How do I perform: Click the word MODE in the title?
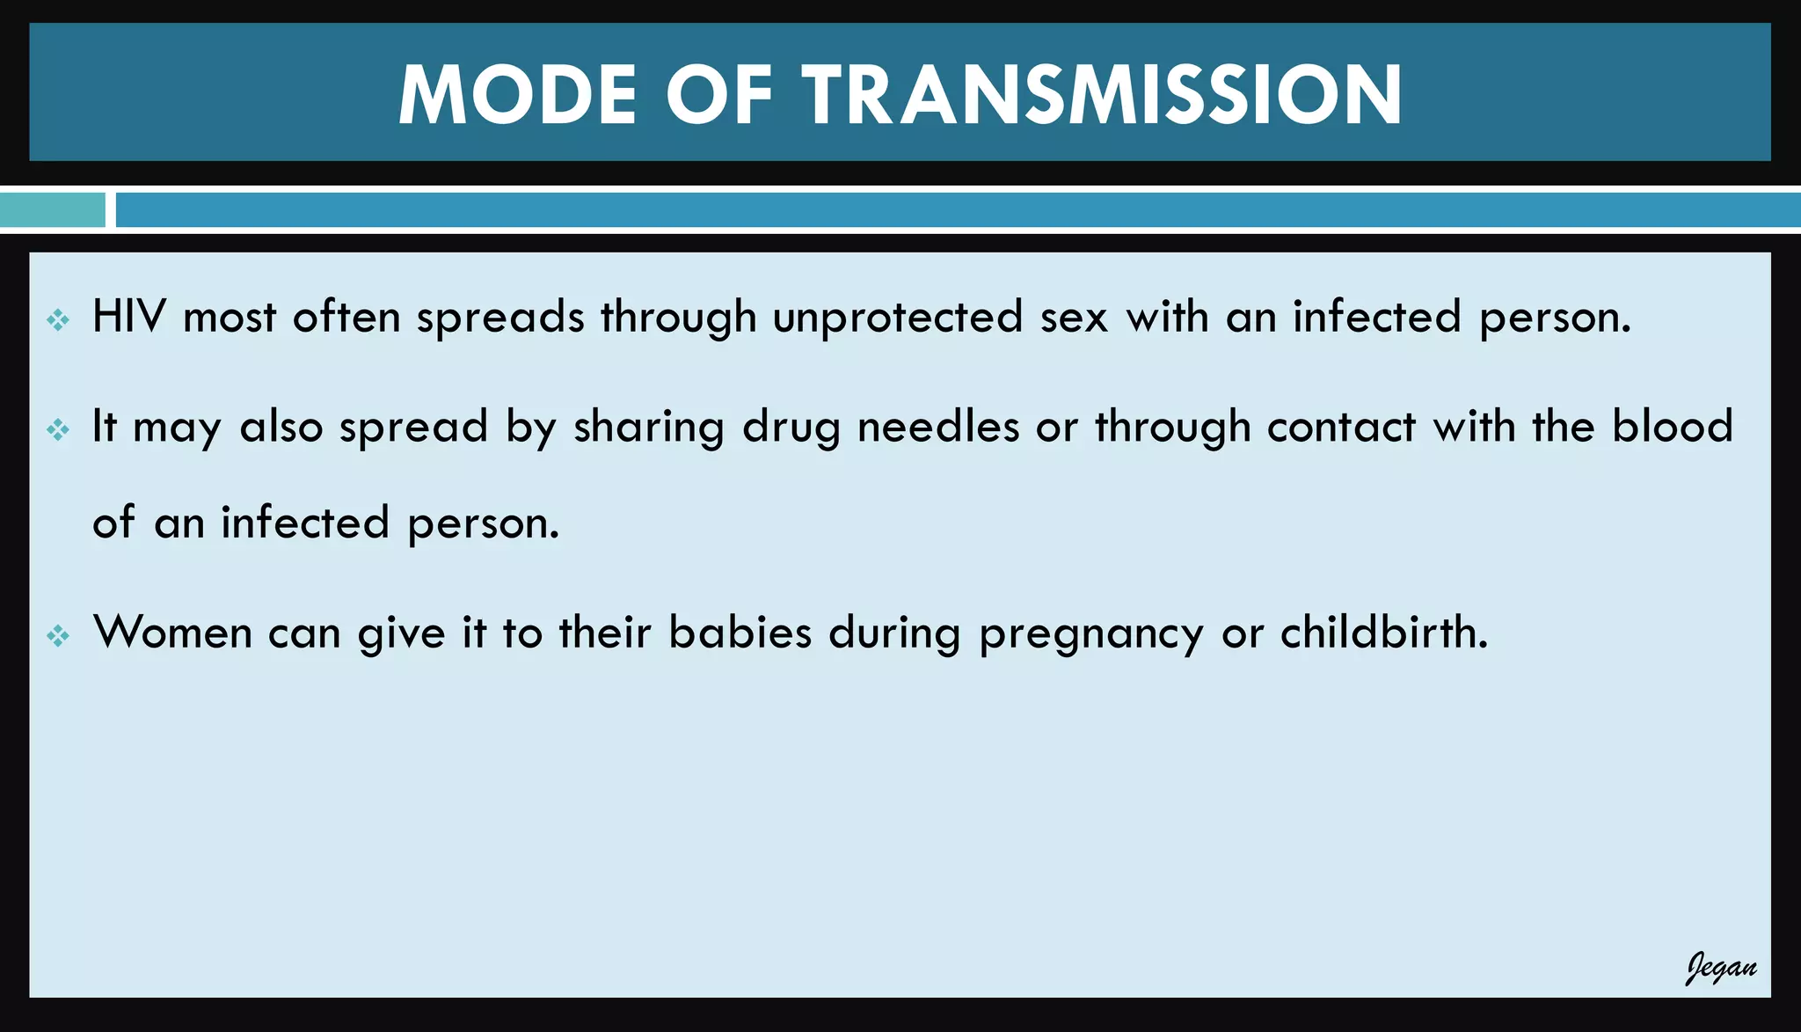pos(517,95)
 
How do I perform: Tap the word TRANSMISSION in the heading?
pos(1102,95)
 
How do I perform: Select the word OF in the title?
pos(718,95)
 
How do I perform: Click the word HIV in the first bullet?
pos(128,317)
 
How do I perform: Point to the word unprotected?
pos(898,317)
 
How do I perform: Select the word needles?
pos(938,427)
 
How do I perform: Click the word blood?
pos(1672,427)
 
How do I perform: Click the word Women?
pos(173,633)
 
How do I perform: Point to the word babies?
pos(740,633)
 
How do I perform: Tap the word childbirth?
pos(1383,633)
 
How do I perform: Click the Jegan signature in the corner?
pos(1720,968)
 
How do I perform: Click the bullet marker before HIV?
pos(58,319)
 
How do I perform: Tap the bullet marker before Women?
pos(58,635)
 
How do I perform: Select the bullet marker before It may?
pos(58,429)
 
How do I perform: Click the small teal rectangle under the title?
pos(52,210)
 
